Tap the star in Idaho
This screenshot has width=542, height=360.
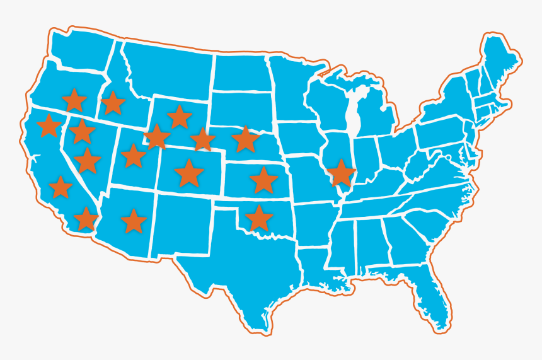pyautogui.click(x=113, y=103)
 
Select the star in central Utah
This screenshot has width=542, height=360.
pyautogui.click(x=133, y=155)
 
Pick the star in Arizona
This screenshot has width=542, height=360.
pyautogui.click(x=133, y=221)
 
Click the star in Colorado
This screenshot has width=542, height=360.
pyautogui.click(x=188, y=173)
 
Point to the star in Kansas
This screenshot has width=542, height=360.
pyautogui.click(x=263, y=180)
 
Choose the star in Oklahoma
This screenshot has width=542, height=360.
pyautogui.click(x=258, y=218)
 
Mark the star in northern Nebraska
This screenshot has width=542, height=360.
pyautogui.click(x=245, y=139)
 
